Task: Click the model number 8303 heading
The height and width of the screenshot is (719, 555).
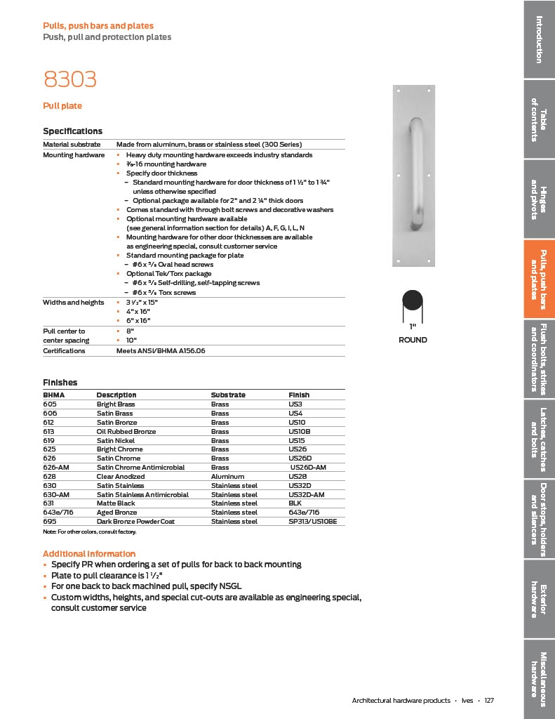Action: click(x=69, y=80)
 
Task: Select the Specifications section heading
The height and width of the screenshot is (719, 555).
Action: click(x=72, y=131)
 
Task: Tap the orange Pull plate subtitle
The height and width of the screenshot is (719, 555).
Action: click(x=62, y=106)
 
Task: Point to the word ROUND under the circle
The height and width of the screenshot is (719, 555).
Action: click(x=413, y=340)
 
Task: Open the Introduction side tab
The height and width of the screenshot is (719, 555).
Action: click(x=538, y=39)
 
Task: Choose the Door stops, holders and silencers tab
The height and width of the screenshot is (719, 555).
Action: click(x=538, y=520)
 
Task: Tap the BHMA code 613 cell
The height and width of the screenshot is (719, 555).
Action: click(x=50, y=431)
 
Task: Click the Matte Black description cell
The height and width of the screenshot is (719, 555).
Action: click(x=116, y=503)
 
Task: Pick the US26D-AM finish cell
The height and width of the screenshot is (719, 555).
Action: click(x=308, y=468)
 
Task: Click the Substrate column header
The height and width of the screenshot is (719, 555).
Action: click(x=228, y=395)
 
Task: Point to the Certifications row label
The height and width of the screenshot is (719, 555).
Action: click(x=64, y=350)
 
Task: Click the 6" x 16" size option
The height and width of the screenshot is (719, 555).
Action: click(x=140, y=320)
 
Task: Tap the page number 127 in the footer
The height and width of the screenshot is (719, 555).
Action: click(x=489, y=701)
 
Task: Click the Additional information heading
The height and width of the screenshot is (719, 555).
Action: click(x=89, y=554)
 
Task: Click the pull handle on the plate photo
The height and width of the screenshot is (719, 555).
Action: click(x=416, y=175)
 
